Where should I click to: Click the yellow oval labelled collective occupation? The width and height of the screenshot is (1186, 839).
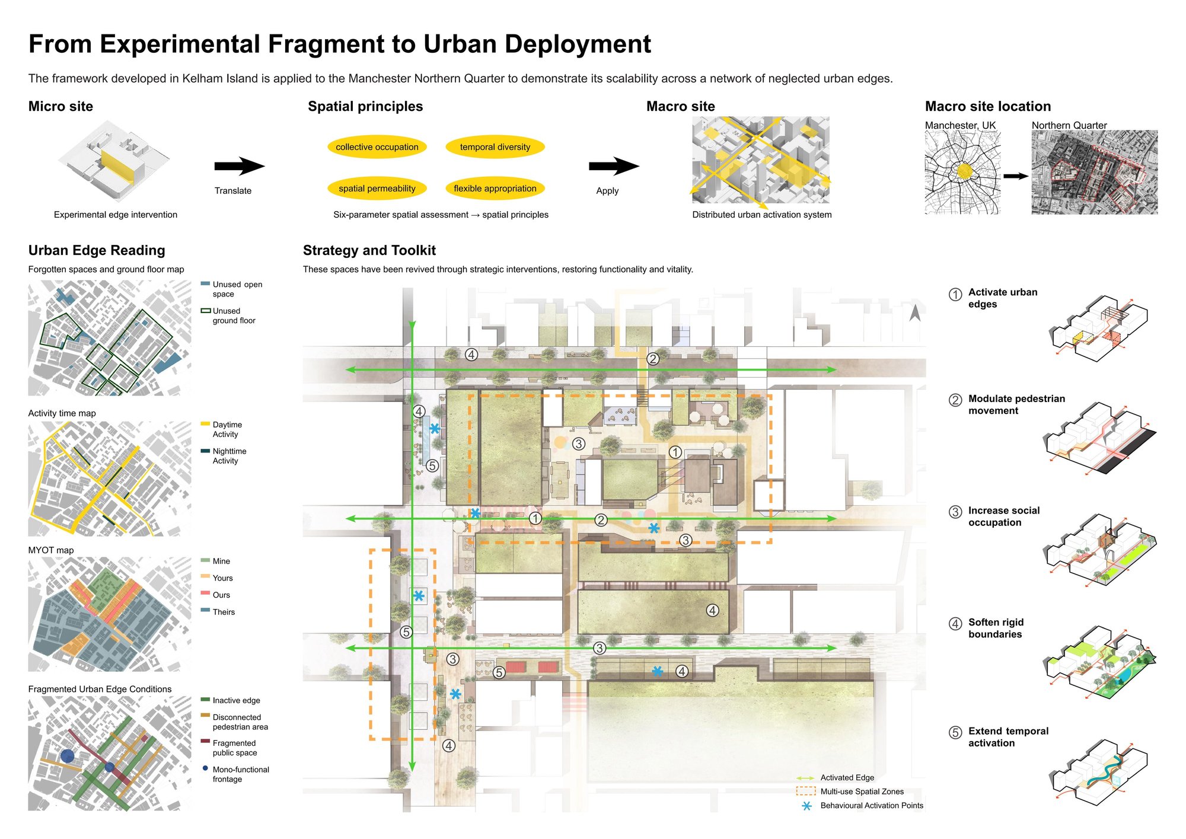pos(377,147)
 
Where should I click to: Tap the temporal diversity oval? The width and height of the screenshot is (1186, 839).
pos(495,147)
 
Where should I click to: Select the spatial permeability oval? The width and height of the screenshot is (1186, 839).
pos(377,189)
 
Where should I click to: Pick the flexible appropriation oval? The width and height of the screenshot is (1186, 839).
pos(495,189)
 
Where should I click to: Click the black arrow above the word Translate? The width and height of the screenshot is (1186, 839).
pos(240,167)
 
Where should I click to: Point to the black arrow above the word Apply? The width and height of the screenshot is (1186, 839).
pos(614,167)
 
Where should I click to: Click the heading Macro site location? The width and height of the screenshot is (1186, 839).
pos(988,107)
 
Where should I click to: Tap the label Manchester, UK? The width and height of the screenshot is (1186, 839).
pos(961,126)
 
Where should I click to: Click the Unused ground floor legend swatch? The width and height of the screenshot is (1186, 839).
pos(206,311)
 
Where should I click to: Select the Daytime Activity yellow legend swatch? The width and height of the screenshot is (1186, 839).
pos(206,424)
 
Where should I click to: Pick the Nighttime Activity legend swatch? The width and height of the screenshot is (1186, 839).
pos(206,451)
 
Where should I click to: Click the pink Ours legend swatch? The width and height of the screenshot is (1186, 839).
pos(206,594)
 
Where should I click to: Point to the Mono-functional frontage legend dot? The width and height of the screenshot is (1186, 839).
pos(205,768)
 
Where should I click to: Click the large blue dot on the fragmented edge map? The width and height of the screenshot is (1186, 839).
pos(68,756)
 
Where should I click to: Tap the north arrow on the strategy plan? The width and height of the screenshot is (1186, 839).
pos(915,312)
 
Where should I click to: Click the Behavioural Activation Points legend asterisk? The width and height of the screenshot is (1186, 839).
pos(806,806)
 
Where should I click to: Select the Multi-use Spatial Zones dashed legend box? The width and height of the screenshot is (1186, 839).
pos(806,791)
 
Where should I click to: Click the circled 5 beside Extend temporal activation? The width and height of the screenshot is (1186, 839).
pos(955,732)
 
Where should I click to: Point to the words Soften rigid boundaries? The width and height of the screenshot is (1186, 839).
pos(996,628)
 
